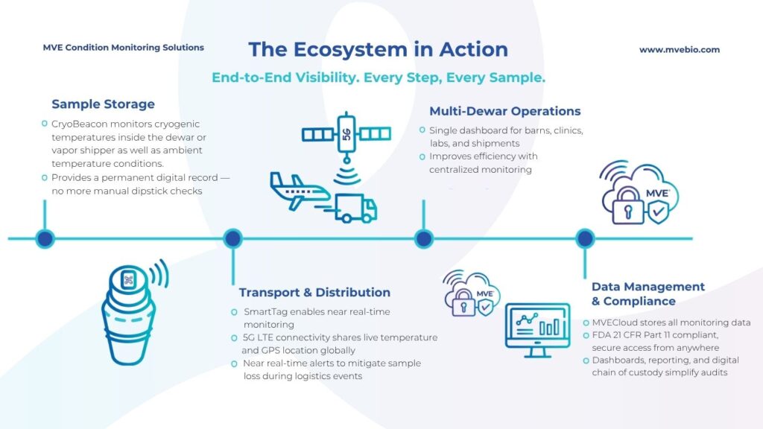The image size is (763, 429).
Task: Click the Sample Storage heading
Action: pyautogui.click(x=103, y=104)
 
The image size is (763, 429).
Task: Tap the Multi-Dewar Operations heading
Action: pyautogui.click(x=504, y=111)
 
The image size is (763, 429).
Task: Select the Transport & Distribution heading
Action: pyautogui.click(x=314, y=292)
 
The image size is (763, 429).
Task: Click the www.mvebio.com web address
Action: pyautogui.click(x=679, y=50)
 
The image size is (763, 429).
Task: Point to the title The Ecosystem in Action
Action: pyautogui.click(x=378, y=50)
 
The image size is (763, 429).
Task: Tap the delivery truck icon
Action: pyautogui.click(x=356, y=208)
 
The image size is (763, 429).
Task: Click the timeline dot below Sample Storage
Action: pyautogui.click(x=45, y=238)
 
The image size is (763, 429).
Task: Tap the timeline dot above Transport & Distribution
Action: pyautogui.click(x=233, y=238)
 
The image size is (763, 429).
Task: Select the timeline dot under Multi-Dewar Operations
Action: pyautogui.click(x=424, y=238)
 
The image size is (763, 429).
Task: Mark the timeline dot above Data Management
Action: pyautogui.click(x=586, y=238)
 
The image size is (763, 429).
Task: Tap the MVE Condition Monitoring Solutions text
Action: pyautogui.click(x=124, y=48)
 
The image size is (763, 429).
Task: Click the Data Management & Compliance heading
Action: pyautogui.click(x=648, y=293)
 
